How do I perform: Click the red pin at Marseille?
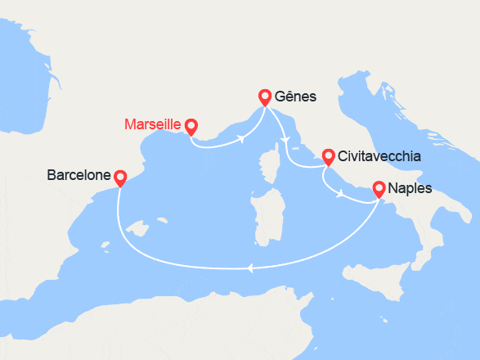click(x=191, y=126)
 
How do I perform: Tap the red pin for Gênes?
click(x=265, y=97)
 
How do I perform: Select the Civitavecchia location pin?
click(x=328, y=155)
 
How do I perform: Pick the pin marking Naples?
click(x=379, y=189)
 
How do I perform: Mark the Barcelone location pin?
click(x=120, y=176)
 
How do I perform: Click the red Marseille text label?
click(x=152, y=126)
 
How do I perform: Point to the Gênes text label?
click(x=297, y=97)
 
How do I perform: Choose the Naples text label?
click(x=411, y=189)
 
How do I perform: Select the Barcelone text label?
click(x=79, y=175)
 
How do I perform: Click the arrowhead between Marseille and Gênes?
click(x=243, y=138)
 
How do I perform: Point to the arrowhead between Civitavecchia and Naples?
click(x=341, y=194)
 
